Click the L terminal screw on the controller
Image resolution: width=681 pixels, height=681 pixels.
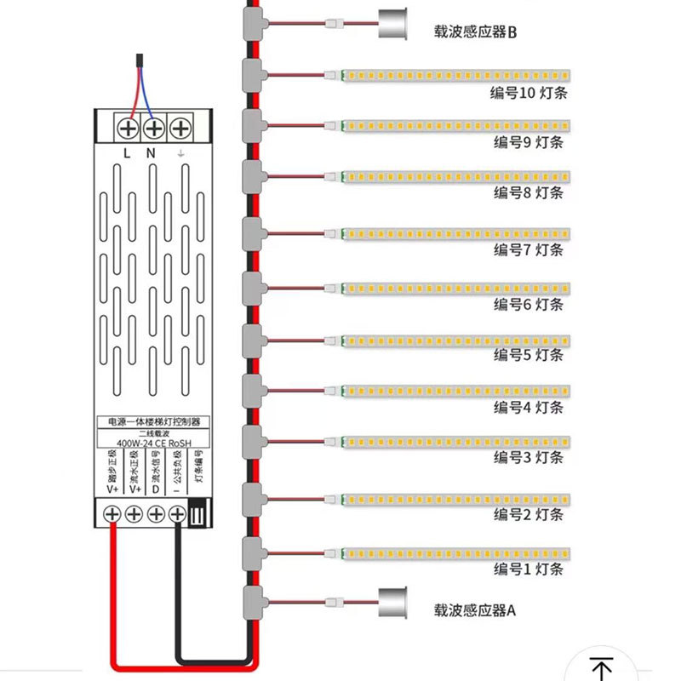(128, 129)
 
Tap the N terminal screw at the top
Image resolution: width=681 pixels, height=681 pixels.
(153, 129)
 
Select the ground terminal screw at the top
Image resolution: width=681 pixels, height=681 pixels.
(180, 129)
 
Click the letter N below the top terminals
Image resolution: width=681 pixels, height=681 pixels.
(151, 153)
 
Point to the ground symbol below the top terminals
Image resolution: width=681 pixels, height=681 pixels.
(180, 153)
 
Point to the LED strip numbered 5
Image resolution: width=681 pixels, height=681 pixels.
(455, 341)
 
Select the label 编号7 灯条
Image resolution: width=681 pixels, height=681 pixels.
(529, 249)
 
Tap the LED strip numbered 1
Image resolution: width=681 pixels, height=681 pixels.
(455, 554)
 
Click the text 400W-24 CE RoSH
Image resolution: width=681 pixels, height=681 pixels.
(152, 443)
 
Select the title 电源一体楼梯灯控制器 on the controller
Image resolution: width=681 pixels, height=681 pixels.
(153, 421)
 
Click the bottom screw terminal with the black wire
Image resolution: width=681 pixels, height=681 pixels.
(177, 514)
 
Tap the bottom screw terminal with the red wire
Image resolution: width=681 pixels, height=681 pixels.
(112, 514)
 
